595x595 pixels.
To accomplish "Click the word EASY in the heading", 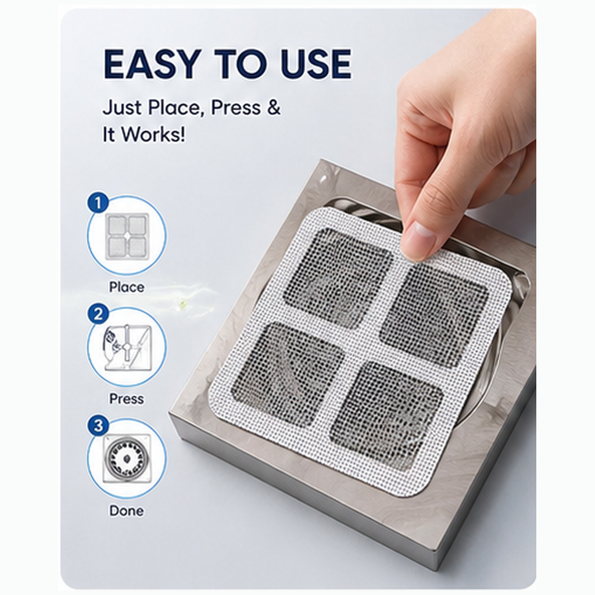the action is click(152, 64).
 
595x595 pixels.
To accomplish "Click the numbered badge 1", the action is click(98, 203).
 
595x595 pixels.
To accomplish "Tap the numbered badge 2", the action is click(98, 314).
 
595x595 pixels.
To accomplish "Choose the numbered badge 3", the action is click(98, 426).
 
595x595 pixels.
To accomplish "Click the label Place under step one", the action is click(127, 287).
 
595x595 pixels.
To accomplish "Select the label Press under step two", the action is click(127, 399).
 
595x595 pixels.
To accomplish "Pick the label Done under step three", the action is click(127, 511).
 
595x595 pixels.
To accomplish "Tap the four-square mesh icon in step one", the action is click(127, 236).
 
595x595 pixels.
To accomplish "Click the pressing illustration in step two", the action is click(127, 347).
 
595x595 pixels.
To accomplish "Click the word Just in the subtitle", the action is click(122, 107).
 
